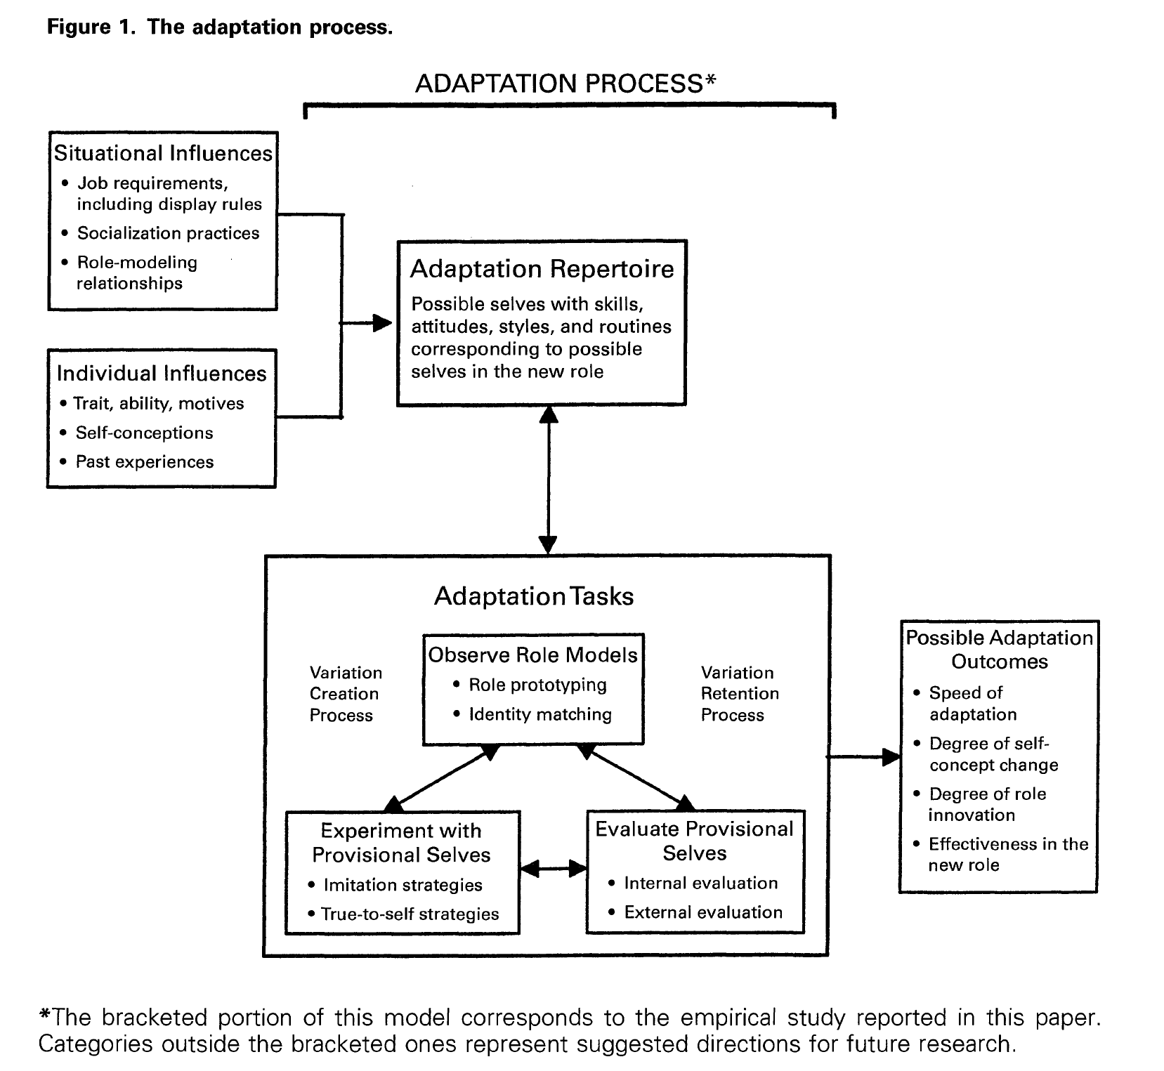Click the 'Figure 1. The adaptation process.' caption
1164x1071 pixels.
coord(219,27)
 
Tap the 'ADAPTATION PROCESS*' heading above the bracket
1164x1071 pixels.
coord(565,84)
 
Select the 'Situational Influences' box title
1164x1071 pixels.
coord(163,153)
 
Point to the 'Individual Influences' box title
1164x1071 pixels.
coord(162,373)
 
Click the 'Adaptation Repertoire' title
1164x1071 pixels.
coord(542,269)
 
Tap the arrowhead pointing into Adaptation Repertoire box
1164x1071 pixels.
coord(381,323)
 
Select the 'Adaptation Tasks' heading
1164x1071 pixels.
coord(534,596)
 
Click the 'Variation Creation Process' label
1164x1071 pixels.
coord(346,694)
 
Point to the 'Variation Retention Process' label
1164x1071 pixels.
coord(740,694)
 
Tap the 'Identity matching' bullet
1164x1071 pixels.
coord(532,714)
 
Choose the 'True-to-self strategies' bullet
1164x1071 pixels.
coord(403,914)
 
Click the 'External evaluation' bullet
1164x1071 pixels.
coord(695,912)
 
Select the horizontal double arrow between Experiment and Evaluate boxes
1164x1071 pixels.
coord(554,869)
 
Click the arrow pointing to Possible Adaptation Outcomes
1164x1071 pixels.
coord(864,757)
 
